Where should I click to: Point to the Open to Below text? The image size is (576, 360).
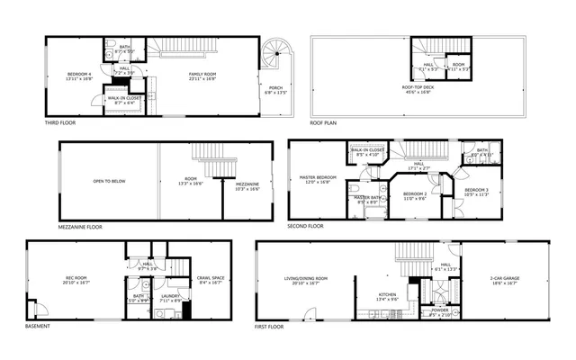(109, 181)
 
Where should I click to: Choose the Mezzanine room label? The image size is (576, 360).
(247, 185)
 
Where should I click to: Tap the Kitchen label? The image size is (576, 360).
(386, 295)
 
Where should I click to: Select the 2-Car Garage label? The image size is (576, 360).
(504, 280)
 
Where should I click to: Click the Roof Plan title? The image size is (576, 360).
(323, 121)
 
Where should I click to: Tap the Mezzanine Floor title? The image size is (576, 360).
(80, 227)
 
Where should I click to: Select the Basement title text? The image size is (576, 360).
(38, 327)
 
